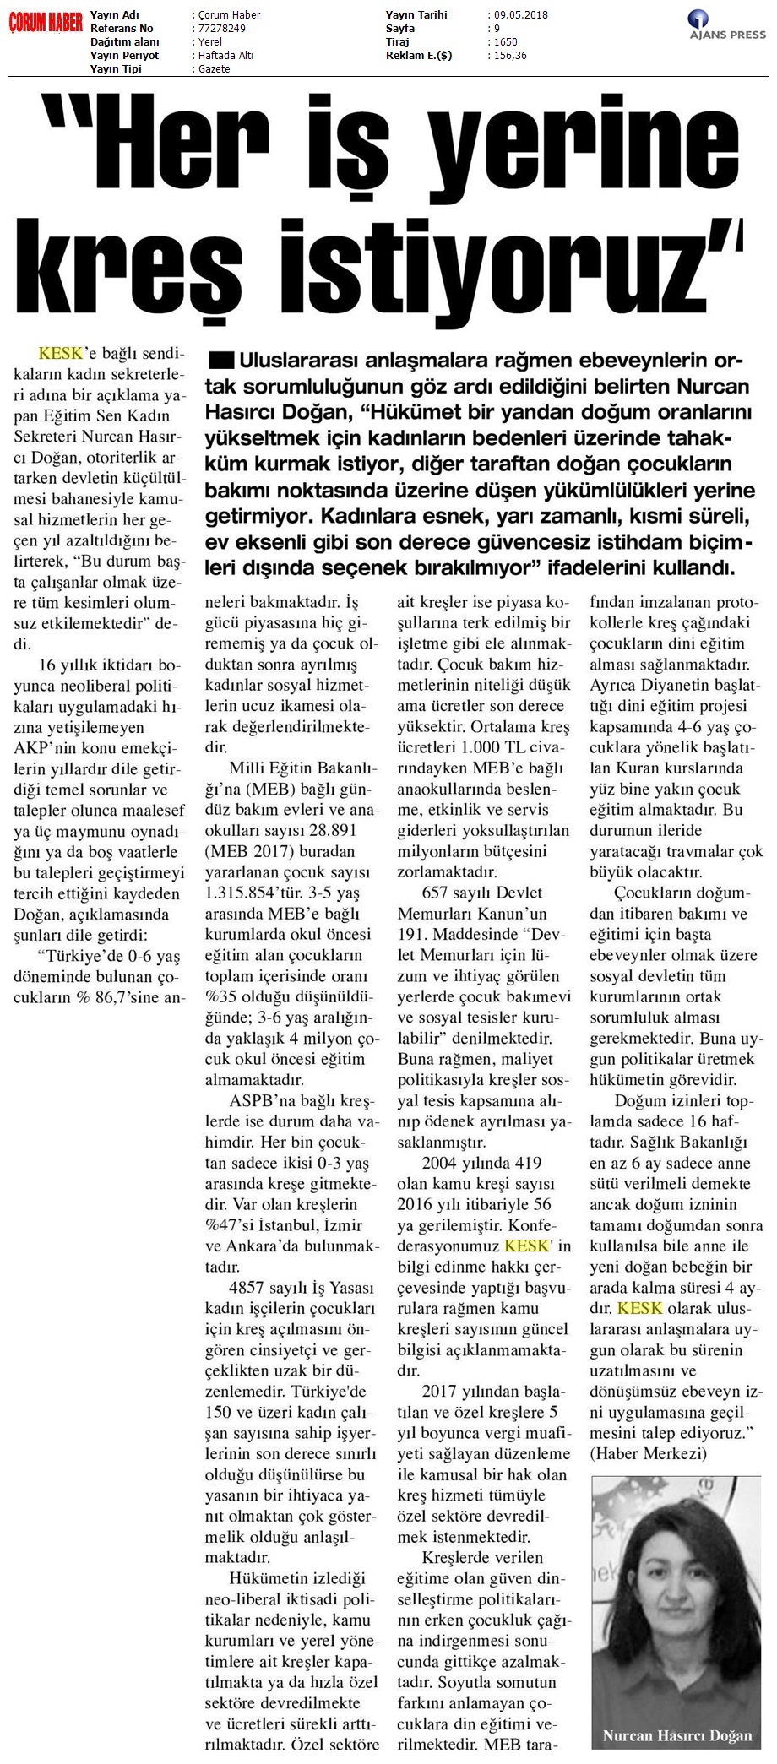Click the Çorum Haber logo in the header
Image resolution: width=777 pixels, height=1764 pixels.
46,24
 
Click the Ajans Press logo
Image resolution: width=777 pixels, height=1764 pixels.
727,24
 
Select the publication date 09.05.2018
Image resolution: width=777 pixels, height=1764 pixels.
521,15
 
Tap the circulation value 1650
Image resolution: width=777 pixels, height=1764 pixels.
506,42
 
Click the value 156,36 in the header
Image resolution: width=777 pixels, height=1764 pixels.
510,56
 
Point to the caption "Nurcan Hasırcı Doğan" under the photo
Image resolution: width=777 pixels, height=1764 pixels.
676,1736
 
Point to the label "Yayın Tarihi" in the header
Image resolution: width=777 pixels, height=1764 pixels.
416,15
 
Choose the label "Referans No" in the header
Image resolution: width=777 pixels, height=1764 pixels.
122,29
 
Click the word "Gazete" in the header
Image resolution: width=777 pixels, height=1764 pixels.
214,69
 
